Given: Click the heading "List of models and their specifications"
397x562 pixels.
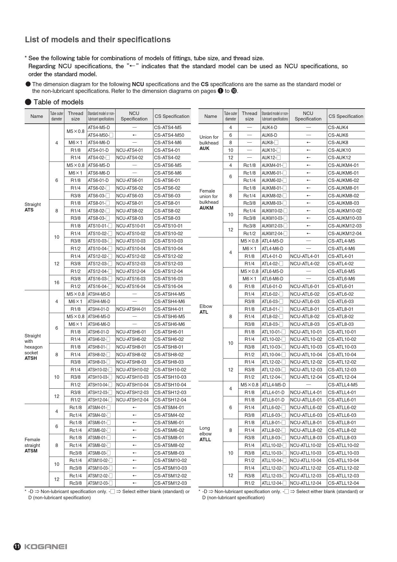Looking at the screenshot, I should [x=98, y=39].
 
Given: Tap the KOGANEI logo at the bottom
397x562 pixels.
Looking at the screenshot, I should [x=45, y=547].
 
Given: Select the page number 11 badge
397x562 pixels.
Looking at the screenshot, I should [x=17, y=547].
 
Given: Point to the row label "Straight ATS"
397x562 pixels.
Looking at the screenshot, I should [x=32, y=207].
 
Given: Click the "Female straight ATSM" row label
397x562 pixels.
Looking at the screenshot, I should [x=32, y=445].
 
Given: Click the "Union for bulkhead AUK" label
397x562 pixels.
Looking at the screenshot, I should [x=209, y=143].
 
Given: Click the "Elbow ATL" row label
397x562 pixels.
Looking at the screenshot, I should [x=206, y=309].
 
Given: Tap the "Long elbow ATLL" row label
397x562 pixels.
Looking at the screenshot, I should [x=205, y=434].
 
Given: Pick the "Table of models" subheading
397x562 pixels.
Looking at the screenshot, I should [x=58, y=102].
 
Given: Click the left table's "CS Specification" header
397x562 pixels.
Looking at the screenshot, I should [x=172, y=116].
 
